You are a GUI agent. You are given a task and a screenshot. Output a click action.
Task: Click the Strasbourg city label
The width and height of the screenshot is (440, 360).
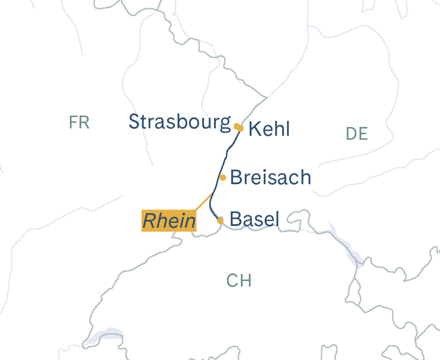click(x=180, y=122)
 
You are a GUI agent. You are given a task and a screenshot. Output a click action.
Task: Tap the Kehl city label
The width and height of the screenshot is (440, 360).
click(x=269, y=129)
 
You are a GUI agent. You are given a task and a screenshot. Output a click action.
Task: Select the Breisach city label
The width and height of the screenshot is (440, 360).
click(x=271, y=178)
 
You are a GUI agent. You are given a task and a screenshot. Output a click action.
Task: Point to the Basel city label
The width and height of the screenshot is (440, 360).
click(x=254, y=219)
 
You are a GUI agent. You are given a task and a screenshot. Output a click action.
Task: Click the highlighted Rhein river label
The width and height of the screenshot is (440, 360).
click(x=169, y=221)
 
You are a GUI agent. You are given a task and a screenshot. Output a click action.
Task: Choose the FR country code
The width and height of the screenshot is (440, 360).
click(x=79, y=122)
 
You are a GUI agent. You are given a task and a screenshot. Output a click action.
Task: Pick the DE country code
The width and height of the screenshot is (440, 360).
click(x=357, y=134)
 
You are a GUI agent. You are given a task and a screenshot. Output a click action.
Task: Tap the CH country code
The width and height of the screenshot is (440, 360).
click(x=239, y=281)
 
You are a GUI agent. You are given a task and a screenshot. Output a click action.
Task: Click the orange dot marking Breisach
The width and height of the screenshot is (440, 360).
click(x=223, y=178)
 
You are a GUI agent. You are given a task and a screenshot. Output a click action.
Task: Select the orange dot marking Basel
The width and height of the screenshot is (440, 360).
click(x=220, y=221)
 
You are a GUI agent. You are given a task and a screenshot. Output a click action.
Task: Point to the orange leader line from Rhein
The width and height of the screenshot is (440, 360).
click(x=204, y=201)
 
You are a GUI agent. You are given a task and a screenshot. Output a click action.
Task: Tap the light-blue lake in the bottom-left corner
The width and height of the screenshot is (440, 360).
click(x=106, y=334)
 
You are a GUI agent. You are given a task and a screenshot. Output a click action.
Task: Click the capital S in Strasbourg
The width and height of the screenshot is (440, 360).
click(x=135, y=122)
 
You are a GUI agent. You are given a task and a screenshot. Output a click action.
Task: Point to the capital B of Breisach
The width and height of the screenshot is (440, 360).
click(x=236, y=178)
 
